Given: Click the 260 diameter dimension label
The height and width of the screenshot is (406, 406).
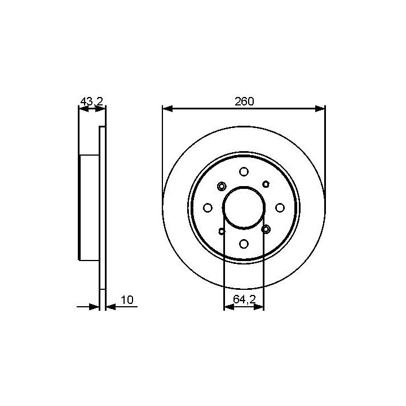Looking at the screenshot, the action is [x=244, y=101].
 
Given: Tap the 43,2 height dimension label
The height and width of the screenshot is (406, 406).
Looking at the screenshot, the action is [x=92, y=101].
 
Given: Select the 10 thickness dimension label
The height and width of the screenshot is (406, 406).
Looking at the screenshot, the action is [x=127, y=300].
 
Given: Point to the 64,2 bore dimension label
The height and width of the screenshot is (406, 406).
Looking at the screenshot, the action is [x=244, y=299].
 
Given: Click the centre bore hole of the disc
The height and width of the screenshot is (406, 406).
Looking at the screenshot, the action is [x=244, y=208].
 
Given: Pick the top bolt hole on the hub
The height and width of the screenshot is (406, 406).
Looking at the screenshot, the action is [x=244, y=171].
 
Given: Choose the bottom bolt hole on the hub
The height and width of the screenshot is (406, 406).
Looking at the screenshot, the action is [x=244, y=244].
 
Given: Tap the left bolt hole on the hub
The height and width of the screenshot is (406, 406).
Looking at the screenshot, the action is [x=208, y=208].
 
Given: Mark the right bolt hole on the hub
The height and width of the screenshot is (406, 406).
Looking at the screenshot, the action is [x=280, y=208].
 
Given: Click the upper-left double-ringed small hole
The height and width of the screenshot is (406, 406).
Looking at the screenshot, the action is [x=222, y=186].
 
